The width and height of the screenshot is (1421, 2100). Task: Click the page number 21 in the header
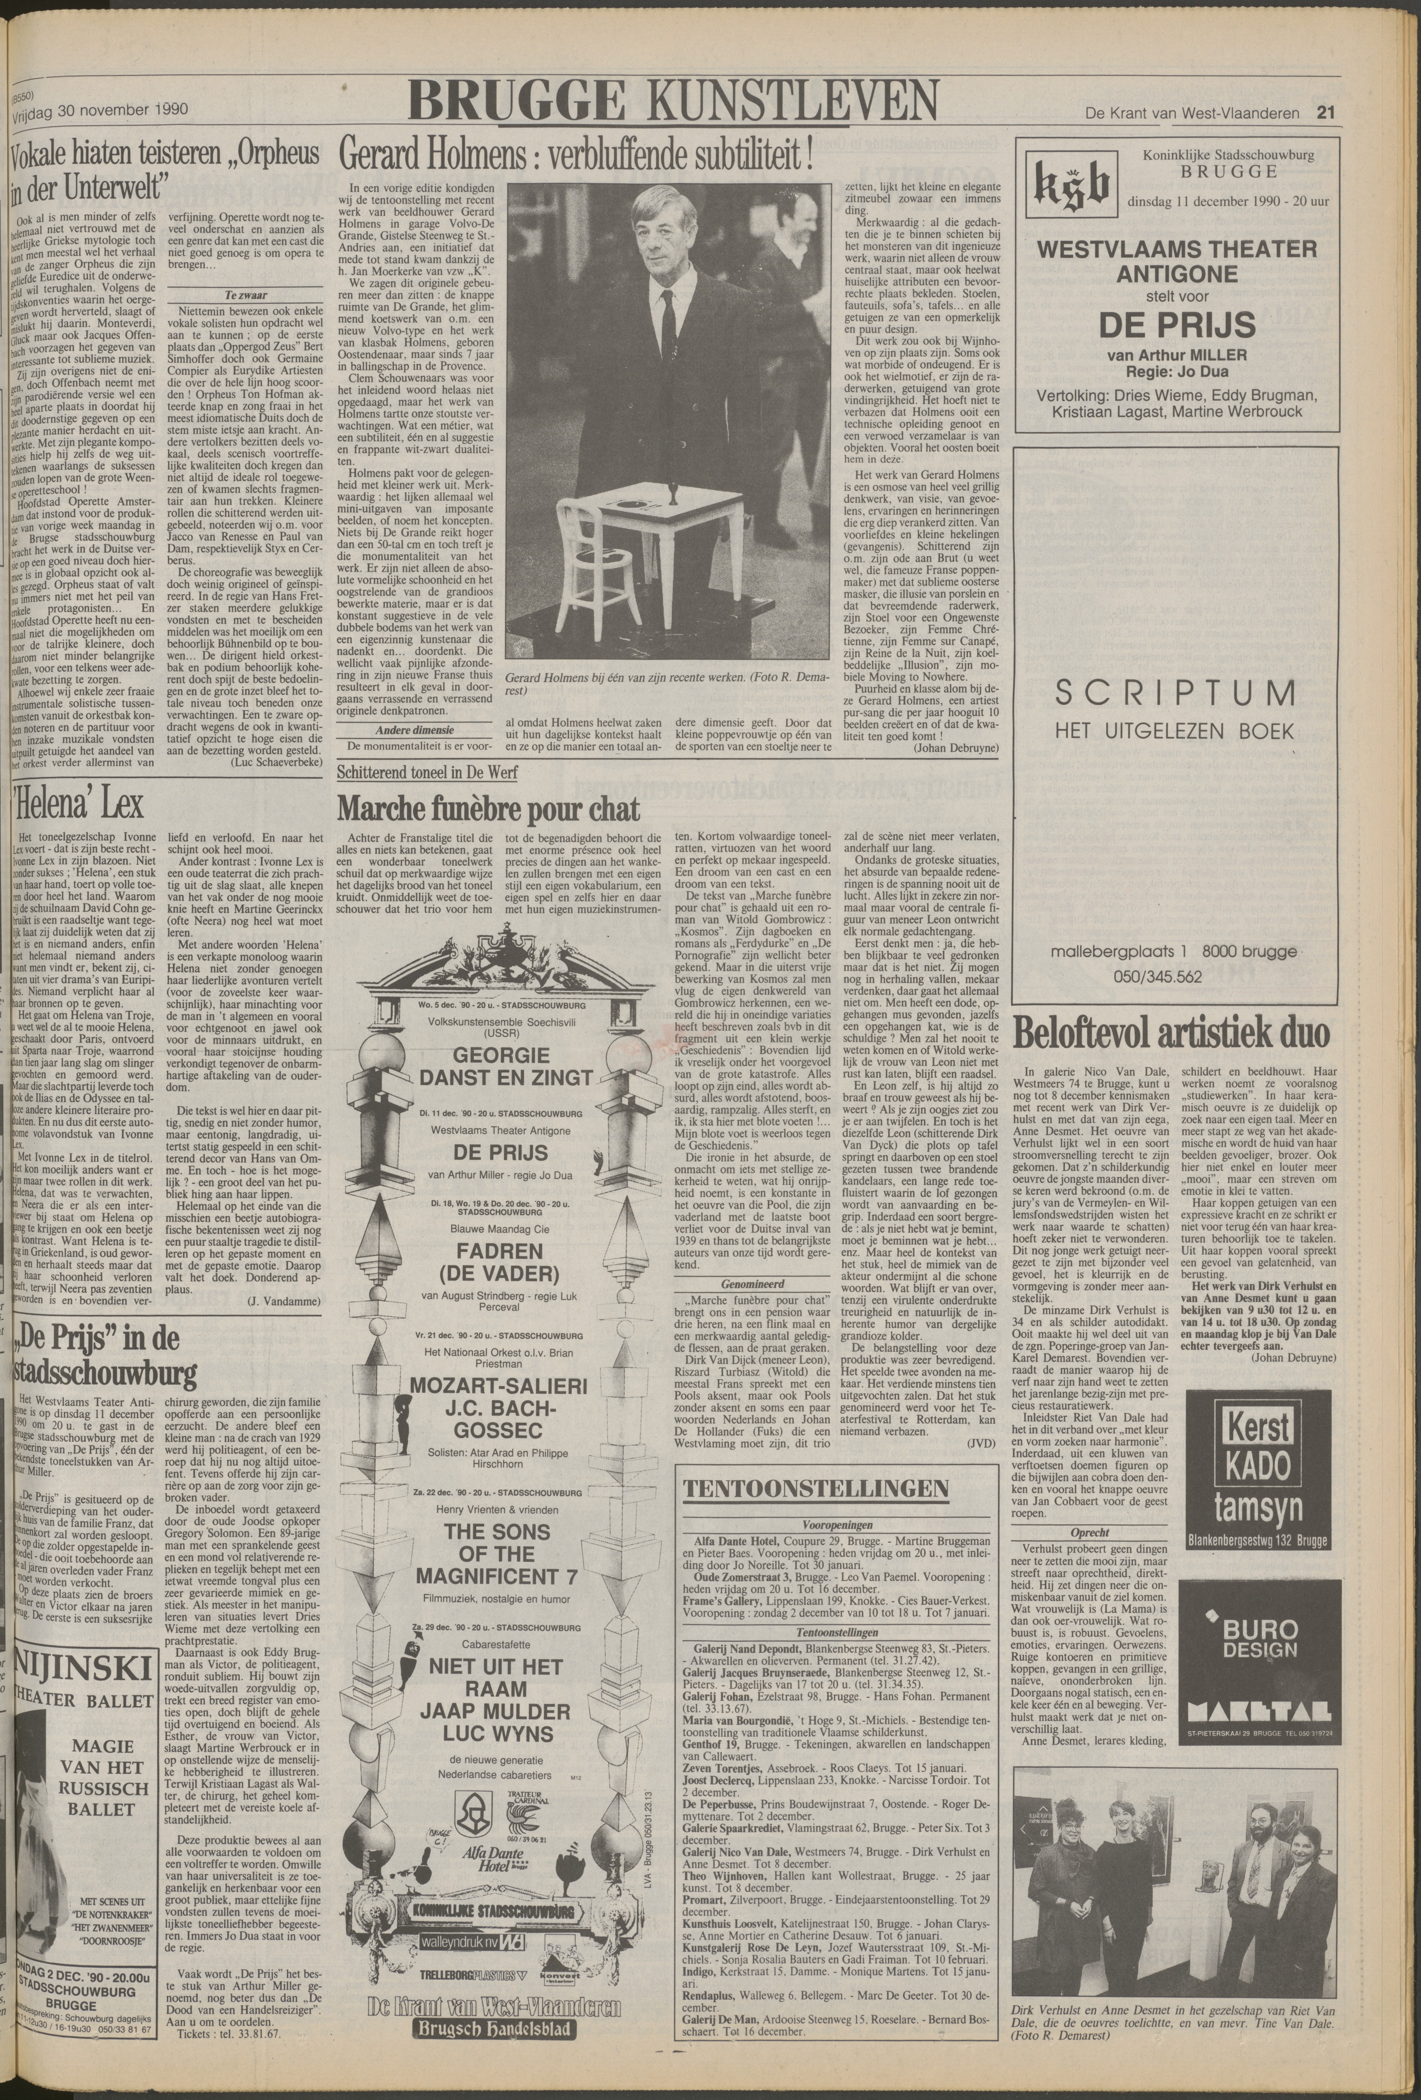pos(1326,113)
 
